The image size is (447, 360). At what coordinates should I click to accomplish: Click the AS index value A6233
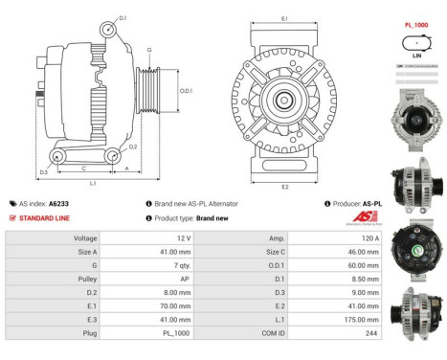coord(59,204)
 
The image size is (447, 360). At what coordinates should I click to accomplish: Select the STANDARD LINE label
coord(42,217)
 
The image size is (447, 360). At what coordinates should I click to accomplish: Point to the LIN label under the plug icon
coord(416,56)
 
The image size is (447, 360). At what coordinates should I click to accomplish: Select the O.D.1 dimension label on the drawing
coord(186,91)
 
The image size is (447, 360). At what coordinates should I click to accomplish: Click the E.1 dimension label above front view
coord(285,17)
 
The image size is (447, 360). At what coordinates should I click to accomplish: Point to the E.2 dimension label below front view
coord(285,187)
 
